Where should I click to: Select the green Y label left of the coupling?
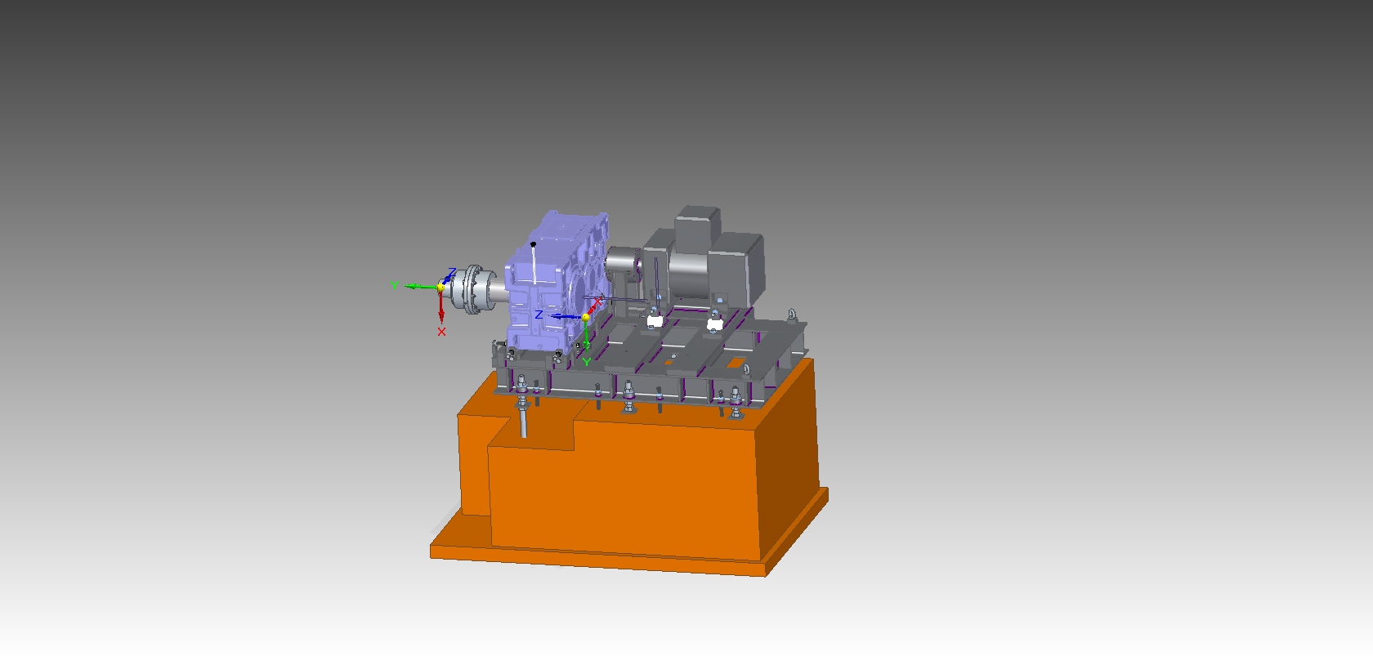(x=395, y=285)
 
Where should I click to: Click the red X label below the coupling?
(x=441, y=332)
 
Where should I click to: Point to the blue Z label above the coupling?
(x=452, y=271)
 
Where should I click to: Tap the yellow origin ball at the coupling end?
(x=441, y=288)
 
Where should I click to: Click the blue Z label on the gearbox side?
(x=539, y=315)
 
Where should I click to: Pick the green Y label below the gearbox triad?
(x=587, y=362)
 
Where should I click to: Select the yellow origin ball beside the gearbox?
(x=585, y=317)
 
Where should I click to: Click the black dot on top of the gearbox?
(x=533, y=244)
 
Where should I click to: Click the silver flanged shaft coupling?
(x=473, y=289)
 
